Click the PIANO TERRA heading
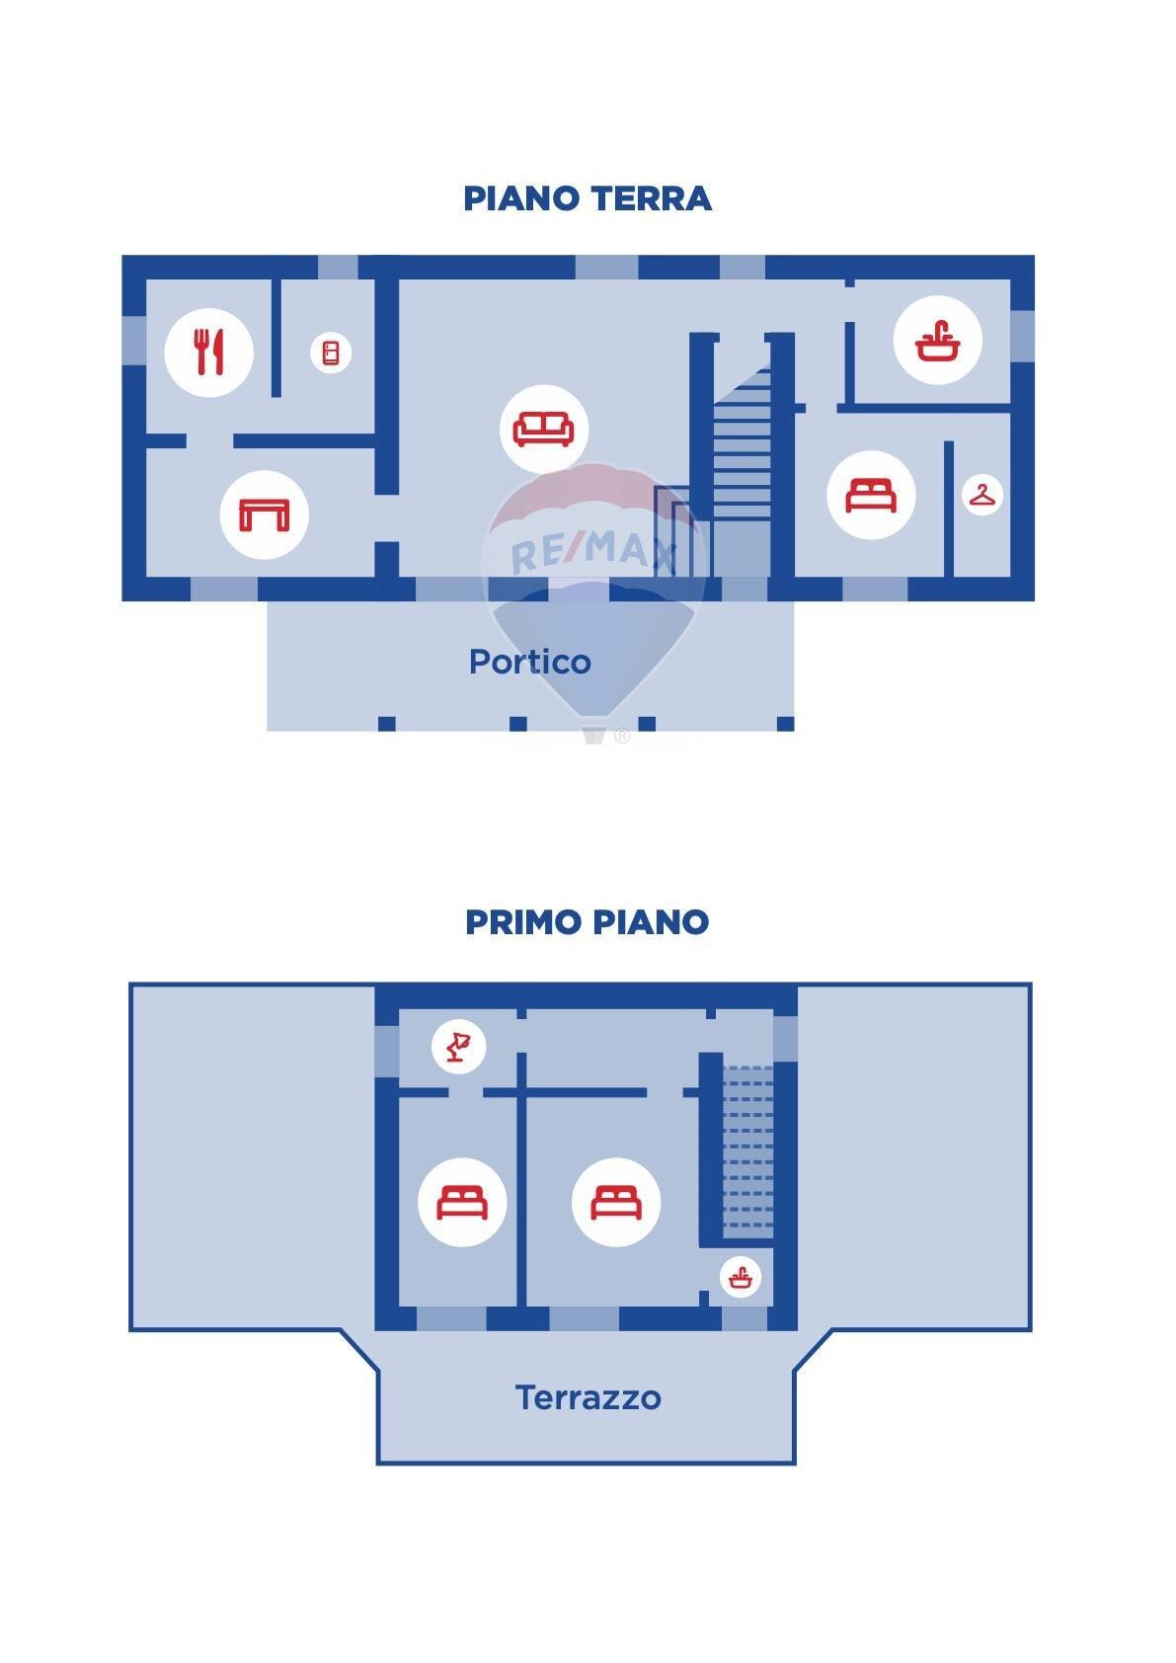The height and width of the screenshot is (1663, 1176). tap(588, 198)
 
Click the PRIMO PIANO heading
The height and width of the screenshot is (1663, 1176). tap(588, 922)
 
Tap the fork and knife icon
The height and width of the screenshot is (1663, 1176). tap(208, 353)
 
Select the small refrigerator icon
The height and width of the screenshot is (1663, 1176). tap(331, 353)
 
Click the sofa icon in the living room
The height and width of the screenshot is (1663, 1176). tap(544, 429)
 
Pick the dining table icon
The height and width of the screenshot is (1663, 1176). tap(264, 515)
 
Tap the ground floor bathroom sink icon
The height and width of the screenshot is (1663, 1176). tap(937, 341)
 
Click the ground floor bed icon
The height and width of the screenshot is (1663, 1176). tap(871, 495)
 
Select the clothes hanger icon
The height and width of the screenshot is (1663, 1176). tap(981, 495)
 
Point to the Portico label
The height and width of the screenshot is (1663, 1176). tap(530, 662)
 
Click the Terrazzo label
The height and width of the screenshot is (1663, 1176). tap(588, 1397)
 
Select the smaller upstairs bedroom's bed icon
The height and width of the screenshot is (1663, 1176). tap(462, 1203)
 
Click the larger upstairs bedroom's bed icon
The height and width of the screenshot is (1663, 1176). tap(616, 1203)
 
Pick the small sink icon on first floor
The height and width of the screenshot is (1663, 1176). tap(740, 1279)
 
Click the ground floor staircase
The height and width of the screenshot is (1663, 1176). tap(742, 444)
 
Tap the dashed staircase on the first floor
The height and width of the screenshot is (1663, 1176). tap(747, 1150)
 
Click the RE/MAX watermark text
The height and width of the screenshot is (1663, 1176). tap(592, 552)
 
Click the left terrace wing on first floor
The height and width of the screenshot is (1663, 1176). tap(252, 1155)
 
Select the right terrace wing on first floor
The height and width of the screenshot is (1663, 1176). tap(913, 1155)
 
